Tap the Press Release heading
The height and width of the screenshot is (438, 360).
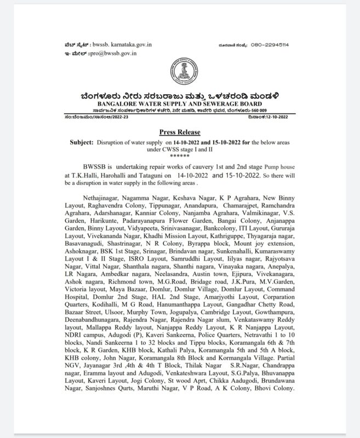[x=180, y=132]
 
